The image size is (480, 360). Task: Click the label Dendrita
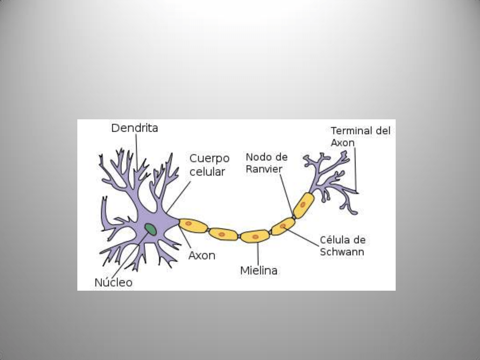(x=134, y=128)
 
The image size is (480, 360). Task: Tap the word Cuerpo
(x=209, y=159)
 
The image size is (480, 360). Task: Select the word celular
(x=207, y=172)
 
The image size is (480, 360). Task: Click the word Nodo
(x=257, y=157)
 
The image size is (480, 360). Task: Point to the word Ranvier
(x=264, y=169)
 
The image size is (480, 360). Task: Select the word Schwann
(x=342, y=252)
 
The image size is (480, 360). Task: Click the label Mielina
(x=259, y=270)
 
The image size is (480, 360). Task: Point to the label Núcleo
(x=113, y=283)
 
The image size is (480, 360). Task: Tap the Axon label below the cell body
(x=202, y=256)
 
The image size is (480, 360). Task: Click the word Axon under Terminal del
(x=342, y=143)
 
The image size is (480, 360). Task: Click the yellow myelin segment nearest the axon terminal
(x=303, y=205)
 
